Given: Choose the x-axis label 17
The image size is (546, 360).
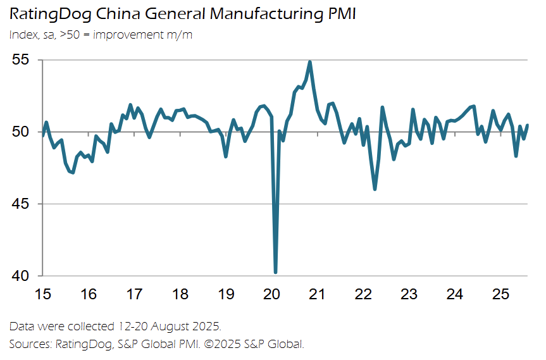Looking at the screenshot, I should pyautogui.click(x=134, y=294).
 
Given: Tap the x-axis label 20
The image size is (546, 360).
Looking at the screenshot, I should pyautogui.click(x=271, y=294).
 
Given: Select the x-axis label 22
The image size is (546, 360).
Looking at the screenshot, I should pyautogui.click(x=363, y=294).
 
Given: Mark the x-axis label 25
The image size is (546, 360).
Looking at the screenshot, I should pyautogui.click(x=500, y=294).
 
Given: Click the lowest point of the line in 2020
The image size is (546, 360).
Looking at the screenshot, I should pyautogui.click(x=276, y=272).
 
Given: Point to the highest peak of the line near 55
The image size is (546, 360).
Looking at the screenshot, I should pyautogui.click(x=309, y=62).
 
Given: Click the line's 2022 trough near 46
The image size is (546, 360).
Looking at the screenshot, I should pyautogui.click(x=375, y=189).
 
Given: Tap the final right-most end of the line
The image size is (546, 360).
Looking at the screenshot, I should pyautogui.click(x=528, y=125).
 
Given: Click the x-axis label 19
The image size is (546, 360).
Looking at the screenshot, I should pyautogui.click(x=226, y=294).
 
